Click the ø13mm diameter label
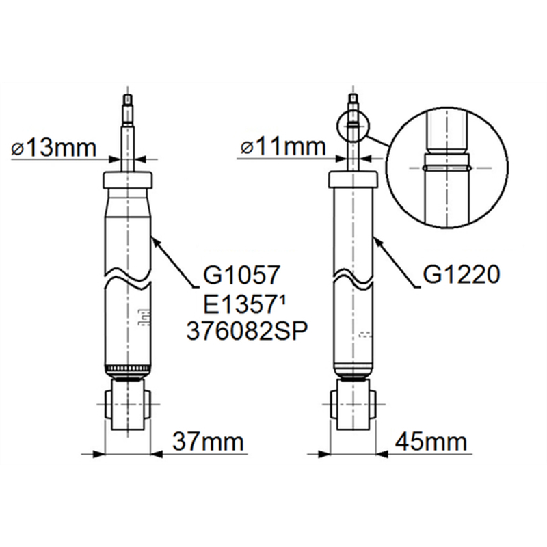(53, 148)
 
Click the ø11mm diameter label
(283, 146)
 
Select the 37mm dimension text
(208, 442)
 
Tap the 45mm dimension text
(431, 442)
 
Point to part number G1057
(241, 275)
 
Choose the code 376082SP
(247, 331)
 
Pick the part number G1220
(461, 275)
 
